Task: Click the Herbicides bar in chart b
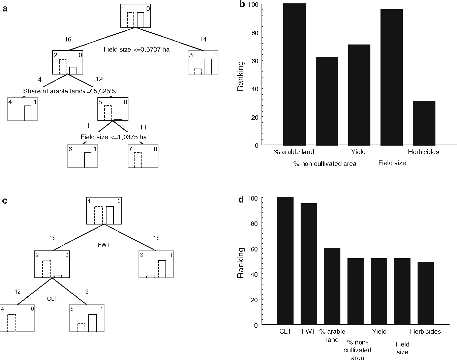click(424, 123)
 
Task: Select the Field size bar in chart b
click(391, 77)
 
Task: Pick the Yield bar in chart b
click(359, 95)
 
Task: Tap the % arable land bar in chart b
click(294, 74)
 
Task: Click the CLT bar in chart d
click(285, 261)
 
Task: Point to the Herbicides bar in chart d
click(426, 293)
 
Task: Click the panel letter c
click(5, 201)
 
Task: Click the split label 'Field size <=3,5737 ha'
click(136, 50)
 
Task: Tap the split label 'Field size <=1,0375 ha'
click(114, 137)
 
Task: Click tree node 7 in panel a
click(143, 156)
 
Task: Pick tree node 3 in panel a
click(203, 62)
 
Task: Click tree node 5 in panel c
click(86, 319)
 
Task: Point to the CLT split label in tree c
click(52, 299)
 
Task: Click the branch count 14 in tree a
click(203, 39)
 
